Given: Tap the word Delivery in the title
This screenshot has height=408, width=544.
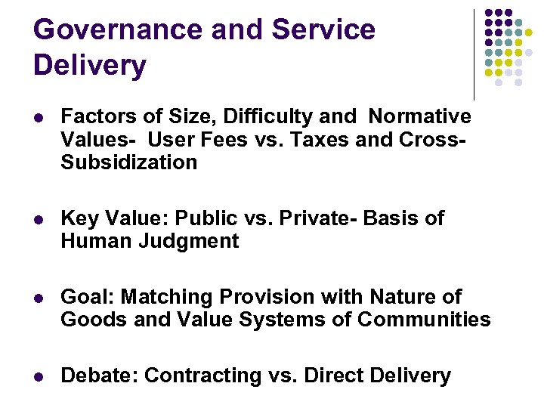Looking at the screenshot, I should click(x=90, y=66).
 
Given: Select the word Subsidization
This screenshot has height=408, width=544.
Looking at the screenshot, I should click(x=128, y=162).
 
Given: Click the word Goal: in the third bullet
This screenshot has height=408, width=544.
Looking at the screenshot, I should click(x=85, y=297).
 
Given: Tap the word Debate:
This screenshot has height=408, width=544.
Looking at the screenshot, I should click(x=99, y=376).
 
